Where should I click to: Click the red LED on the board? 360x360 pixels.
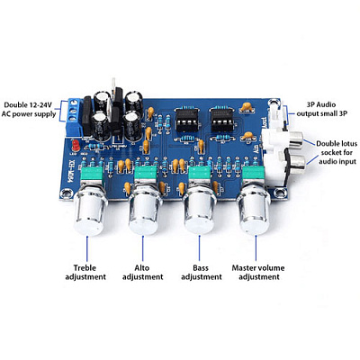click(76, 146)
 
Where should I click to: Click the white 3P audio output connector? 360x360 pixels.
click(278, 115)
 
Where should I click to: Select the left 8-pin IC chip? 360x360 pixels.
click(187, 120)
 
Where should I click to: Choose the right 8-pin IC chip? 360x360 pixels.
click(222, 120)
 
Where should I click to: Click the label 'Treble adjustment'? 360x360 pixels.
click(85, 272)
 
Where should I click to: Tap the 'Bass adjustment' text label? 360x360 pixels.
click(202, 272)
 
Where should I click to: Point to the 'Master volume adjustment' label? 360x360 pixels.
click(258, 272)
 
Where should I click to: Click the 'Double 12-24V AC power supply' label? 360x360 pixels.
click(29, 110)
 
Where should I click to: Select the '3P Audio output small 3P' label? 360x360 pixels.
click(322, 109)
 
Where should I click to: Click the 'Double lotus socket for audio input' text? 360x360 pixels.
click(337, 152)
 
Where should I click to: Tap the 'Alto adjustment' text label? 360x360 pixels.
click(143, 272)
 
